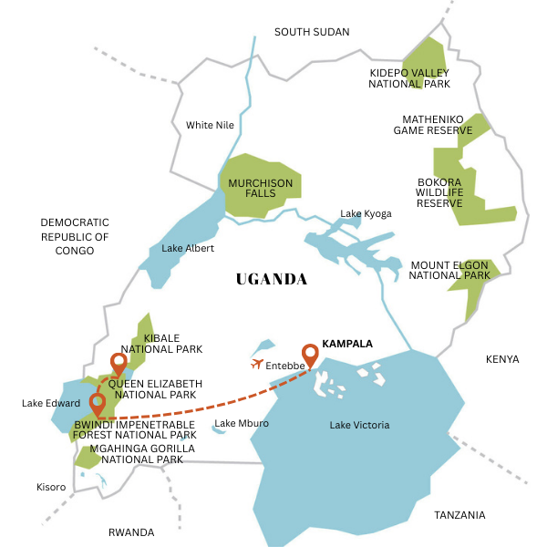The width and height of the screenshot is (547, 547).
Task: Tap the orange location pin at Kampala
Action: [310, 355]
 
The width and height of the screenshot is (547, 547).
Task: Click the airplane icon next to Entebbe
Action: [257, 364]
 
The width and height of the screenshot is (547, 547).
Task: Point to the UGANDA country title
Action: [272, 279]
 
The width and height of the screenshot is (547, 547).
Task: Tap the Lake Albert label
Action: [184, 248]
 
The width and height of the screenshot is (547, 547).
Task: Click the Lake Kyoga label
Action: [366, 213]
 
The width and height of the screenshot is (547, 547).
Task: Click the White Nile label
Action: [210, 125]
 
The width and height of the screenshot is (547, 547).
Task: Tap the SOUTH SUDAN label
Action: [312, 32]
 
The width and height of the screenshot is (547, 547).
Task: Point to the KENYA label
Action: [502, 359]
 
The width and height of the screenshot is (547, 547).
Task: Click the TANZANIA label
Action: [459, 515]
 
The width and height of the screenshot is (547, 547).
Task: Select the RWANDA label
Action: [131, 532]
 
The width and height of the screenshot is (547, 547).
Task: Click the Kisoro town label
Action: [50, 487]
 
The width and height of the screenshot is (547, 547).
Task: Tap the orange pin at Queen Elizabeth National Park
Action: [118, 364]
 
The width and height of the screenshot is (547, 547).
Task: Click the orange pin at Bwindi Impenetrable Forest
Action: [98, 404]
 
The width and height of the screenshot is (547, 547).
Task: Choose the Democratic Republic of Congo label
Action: [75, 236]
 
